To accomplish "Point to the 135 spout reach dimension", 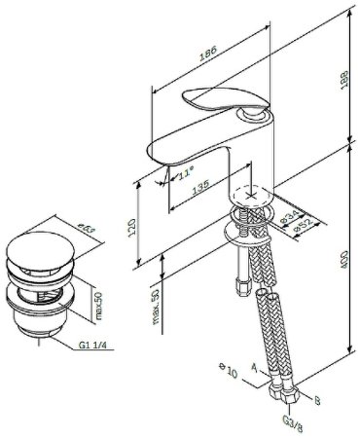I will pos(200,190).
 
